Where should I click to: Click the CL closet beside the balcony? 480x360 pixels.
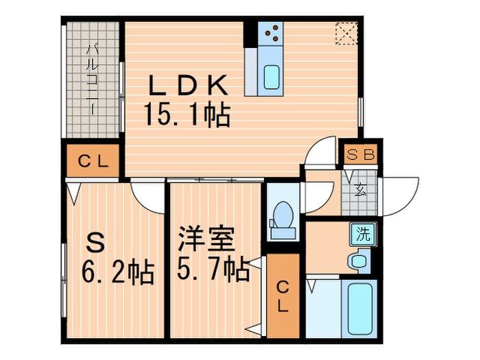[x=93, y=162]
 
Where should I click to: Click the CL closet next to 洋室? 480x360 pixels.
[x=283, y=296]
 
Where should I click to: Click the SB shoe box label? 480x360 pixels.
[x=359, y=155]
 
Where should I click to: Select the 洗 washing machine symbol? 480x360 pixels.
[x=361, y=233]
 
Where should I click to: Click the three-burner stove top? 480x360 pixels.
[x=272, y=32]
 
